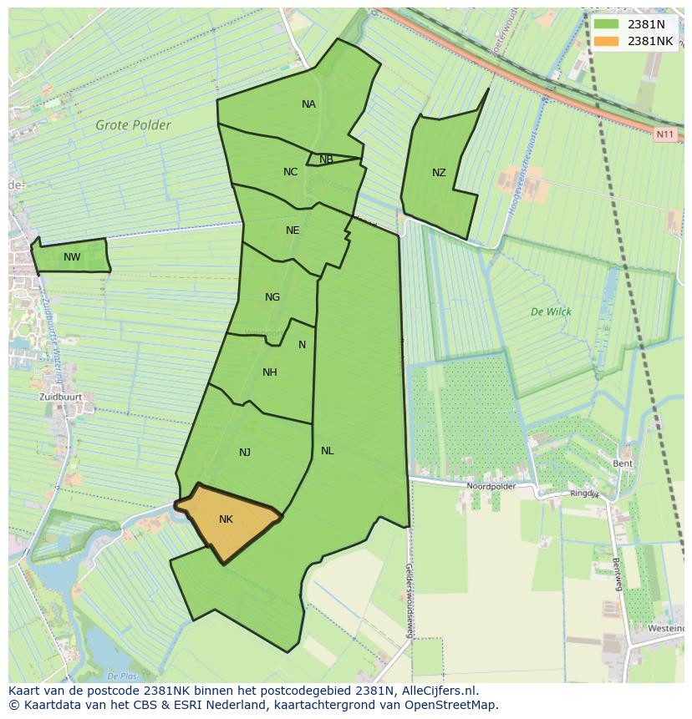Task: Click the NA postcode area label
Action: coord(308,104)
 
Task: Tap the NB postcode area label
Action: coord(326,159)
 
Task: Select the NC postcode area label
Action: coord(290,172)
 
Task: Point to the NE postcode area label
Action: coord(293,230)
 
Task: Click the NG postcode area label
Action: coord(272,297)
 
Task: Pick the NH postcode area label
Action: coord(269,372)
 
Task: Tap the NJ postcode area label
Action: coord(245,453)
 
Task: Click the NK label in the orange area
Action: coord(226,519)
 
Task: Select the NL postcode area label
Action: coord(327,451)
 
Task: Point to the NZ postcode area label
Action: coord(439,173)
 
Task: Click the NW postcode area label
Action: coord(72,257)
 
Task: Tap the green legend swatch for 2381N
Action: coord(608,24)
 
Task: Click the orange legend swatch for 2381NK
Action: coord(608,41)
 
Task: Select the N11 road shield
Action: coord(665,134)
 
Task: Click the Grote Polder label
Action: coord(133,125)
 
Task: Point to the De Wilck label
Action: coord(551,312)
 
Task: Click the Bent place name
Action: coord(623,463)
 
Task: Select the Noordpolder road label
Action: coord(491,486)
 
